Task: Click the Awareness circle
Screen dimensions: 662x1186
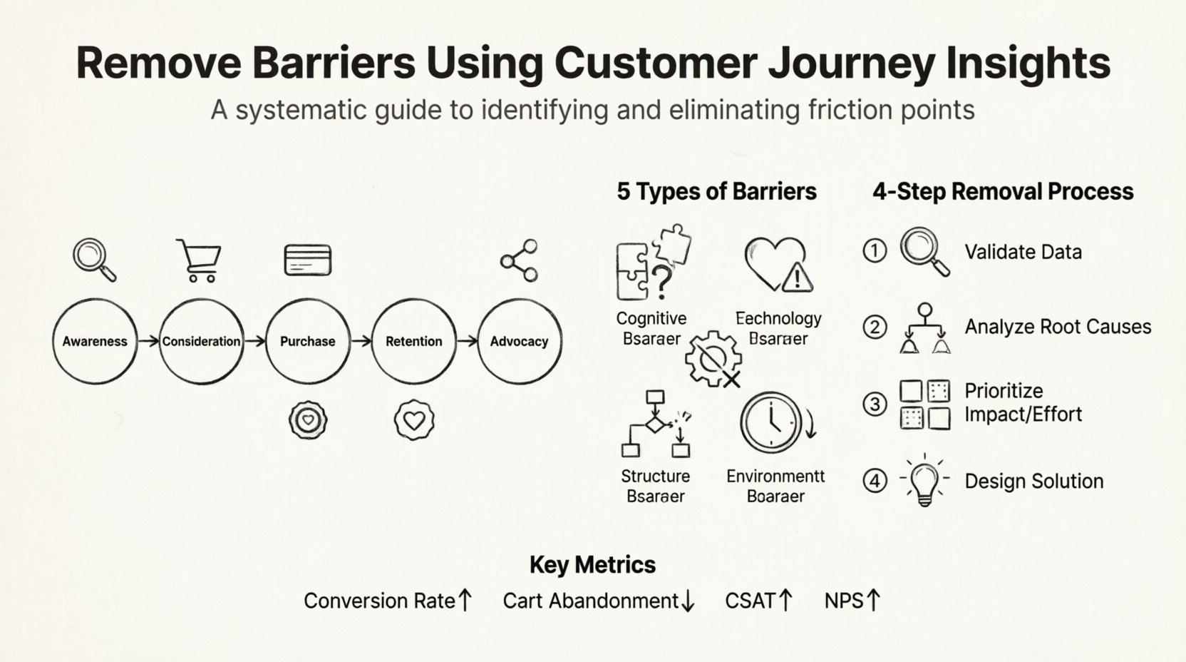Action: [x=95, y=341]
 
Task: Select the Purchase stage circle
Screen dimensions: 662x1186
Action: [x=307, y=341]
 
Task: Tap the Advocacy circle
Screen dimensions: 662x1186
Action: [x=519, y=341]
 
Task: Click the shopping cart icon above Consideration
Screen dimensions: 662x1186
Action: [x=199, y=260]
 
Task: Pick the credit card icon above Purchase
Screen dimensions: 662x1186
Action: [x=307, y=260]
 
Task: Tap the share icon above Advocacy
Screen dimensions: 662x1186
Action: [x=520, y=260]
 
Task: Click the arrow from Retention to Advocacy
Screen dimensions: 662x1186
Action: [x=467, y=341]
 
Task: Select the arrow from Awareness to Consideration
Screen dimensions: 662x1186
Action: [x=148, y=341]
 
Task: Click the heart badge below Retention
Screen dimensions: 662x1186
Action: [x=414, y=419]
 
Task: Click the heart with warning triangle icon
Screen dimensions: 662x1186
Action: [x=778, y=265]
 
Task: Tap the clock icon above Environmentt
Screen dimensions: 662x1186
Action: [x=771, y=422]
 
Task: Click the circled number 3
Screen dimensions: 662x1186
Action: [x=875, y=404]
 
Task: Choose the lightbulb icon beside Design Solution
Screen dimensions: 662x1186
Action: [x=924, y=481]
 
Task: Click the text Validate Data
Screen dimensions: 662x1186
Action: [x=1023, y=252]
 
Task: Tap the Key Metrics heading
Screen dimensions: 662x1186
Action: [x=592, y=565]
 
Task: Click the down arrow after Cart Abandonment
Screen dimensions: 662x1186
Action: [x=688, y=601]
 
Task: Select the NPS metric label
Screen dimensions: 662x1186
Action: [x=844, y=601]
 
